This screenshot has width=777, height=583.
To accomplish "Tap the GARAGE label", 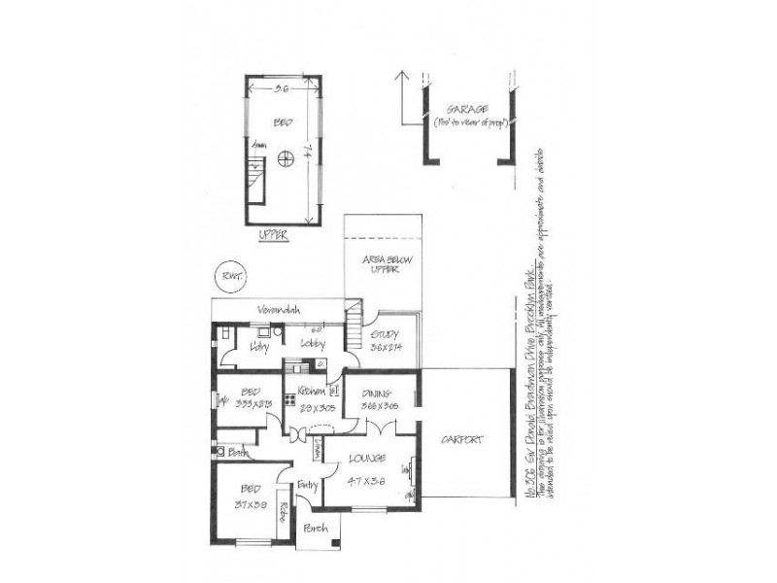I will [466, 108].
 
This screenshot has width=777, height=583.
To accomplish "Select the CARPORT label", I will [461, 439].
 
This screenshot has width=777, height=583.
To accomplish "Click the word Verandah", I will [278, 310].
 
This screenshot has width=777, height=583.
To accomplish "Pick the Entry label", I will [309, 484].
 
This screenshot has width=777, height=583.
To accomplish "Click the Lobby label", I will [312, 345].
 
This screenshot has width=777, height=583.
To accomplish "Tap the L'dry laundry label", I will [258, 346].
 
